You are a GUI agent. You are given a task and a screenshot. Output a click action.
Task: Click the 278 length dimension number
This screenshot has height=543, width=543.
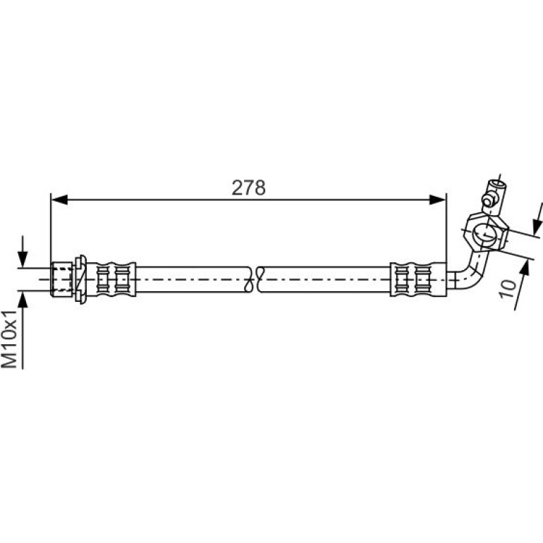pos(248,188)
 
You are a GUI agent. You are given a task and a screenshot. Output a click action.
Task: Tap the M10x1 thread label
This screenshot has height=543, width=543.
pos(10,339)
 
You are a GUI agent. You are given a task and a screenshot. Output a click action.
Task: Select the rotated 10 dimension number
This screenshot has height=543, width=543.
pos(508,289)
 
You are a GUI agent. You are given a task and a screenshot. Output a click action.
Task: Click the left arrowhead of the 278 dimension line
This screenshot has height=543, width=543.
pos(59,200)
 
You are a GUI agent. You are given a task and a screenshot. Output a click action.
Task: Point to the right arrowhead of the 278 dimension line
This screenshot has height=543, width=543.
pos(437,200)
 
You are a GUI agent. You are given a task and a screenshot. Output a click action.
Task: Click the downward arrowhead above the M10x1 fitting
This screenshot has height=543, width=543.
pos(23,259)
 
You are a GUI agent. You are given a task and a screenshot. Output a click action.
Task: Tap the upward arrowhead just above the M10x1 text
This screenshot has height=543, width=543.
pos(23,300)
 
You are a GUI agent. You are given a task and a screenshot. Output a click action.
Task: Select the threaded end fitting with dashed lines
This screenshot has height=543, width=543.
pos(61,279)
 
